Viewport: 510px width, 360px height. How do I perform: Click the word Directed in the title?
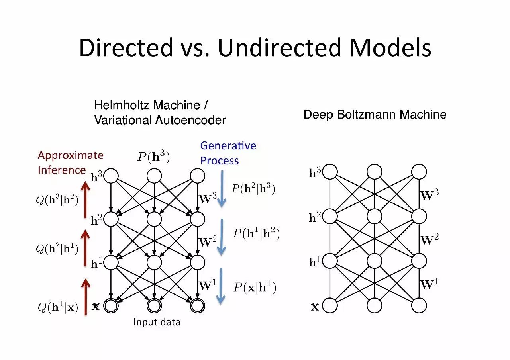[x=126, y=48]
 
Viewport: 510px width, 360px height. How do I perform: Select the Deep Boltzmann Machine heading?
[x=375, y=115]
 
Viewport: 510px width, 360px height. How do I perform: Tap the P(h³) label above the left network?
[x=154, y=157]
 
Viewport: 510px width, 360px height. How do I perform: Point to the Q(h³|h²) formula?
[x=57, y=200]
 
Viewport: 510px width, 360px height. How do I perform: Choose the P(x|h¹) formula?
[x=254, y=287]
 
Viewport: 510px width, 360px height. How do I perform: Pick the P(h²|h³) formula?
[x=253, y=189]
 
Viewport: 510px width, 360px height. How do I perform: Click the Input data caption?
[x=157, y=322]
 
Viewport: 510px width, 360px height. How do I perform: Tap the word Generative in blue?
[x=228, y=146]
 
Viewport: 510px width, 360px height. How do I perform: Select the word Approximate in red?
[x=71, y=155]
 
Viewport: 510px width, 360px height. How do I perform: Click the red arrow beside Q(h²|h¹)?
[x=85, y=248]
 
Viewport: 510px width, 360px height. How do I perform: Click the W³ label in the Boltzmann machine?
[x=430, y=195]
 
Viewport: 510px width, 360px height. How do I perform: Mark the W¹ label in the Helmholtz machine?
[x=207, y=285]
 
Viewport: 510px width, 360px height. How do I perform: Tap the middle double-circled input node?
[x=154, y=305]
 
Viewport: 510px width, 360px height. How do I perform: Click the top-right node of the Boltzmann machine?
[x=419, y=172]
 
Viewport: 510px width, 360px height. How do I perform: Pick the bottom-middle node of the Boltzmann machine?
[x=375, y=305]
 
